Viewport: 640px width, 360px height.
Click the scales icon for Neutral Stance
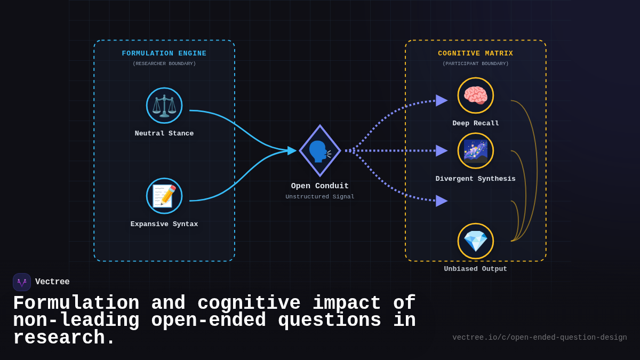[164, 106]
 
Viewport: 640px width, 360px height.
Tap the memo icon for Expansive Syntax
[164, 196]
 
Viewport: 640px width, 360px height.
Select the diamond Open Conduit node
[320, 151]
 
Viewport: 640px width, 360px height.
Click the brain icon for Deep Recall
[476, 95]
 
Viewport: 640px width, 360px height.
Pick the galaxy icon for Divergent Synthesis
[476, 151]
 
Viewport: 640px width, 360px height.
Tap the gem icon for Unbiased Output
[476, 241]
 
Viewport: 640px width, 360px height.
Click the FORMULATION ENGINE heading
[164, 54]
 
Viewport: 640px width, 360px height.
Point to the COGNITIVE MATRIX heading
[476, 54]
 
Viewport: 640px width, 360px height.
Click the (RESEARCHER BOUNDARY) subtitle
[164, 64]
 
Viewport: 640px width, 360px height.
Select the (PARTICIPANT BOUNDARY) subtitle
[476, 64]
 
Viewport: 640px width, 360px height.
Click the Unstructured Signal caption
[320, 197]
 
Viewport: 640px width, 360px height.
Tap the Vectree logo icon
[22, 282]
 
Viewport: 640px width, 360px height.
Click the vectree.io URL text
[540, 338]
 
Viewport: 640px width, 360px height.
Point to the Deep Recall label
[476, 124]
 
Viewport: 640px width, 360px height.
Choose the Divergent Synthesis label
[476, 179]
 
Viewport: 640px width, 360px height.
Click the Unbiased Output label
[476, 269]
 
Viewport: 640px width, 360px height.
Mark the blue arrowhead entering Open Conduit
[292, 151]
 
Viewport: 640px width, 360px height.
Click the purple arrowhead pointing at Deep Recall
[441, 100]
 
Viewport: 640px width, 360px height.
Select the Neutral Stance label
[164, 134]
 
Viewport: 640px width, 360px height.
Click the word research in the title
[59, 338]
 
